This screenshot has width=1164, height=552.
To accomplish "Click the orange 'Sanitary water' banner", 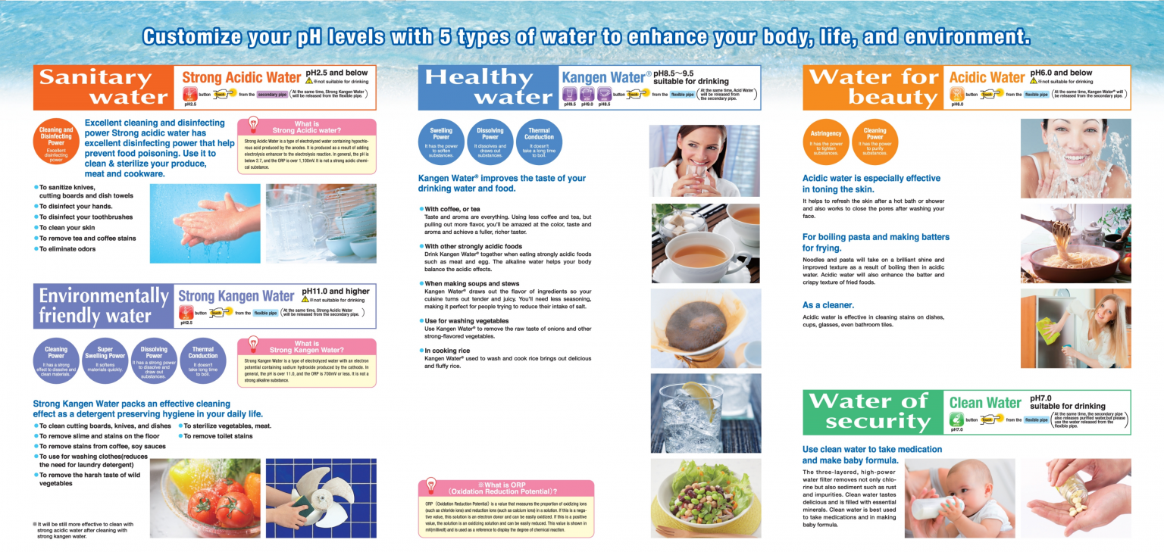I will pyautogui.click(x=104, y=87).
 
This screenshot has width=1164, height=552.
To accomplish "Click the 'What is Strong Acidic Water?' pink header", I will pyautogui.click(x=306, y=127).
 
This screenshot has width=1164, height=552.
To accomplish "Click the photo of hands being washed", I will pyautogui.click(x=205, y=223).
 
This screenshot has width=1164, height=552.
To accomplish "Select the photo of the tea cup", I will pyautogui.click(x=705, y=242).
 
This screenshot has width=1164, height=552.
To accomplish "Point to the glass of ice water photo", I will pyautogui.click(x=705, y=413).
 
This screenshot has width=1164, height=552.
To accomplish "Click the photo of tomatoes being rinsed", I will pyautogui.click(x=205, y=498).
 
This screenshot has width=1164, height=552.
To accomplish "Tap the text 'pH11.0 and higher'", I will pyautogui.click(x=336, y=292).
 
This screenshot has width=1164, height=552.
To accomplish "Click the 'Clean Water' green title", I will pyautogui.click(x=985, y=403).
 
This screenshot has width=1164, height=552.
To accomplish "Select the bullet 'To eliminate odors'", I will pyautogui.click(x=67, y=248).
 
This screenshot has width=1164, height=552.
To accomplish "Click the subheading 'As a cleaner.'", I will pyautogui.click(x=828, y=305).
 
